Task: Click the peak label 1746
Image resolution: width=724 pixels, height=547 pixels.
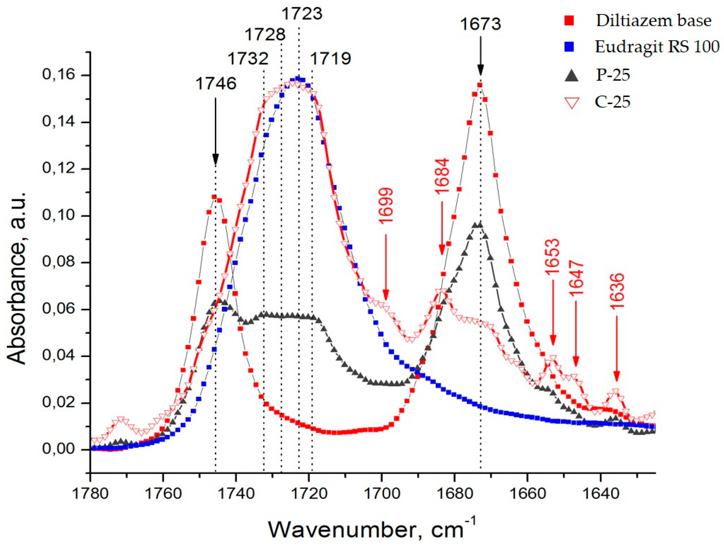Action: coord(216,84)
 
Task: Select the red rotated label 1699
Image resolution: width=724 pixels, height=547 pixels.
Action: coord(386,206)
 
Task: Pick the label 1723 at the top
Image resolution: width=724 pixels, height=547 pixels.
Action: coord(302,14)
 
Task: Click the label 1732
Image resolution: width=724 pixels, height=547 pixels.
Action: coord(248,59)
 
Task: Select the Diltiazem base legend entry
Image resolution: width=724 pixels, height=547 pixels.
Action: coord(653,21)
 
